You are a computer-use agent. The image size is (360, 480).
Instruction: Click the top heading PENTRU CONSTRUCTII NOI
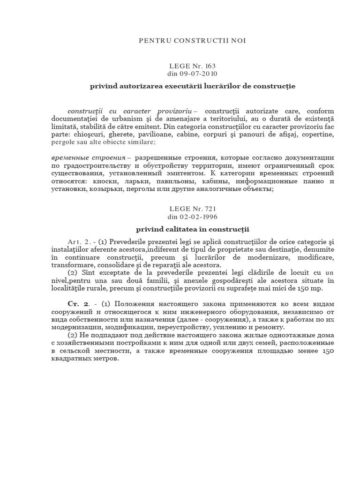click(193, 41)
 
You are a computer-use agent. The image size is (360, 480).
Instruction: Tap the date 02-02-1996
click(201, 217)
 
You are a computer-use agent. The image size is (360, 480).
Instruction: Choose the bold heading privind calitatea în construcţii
click(192, 229)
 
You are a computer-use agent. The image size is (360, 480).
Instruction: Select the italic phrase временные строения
click(87, 157)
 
